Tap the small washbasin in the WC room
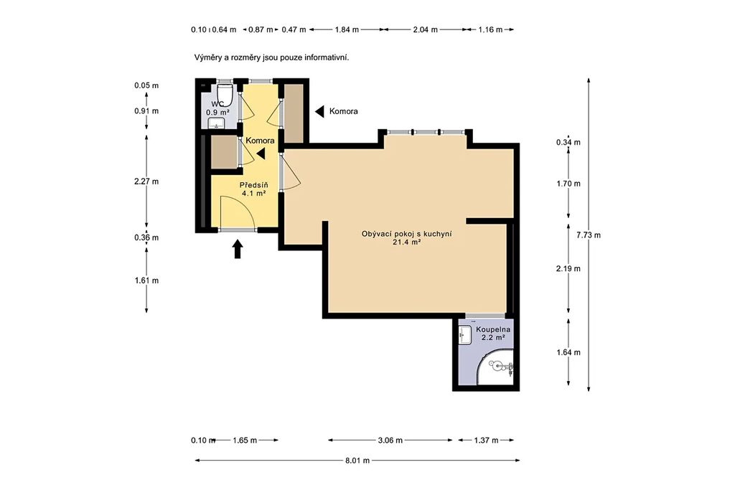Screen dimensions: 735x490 click(217, 123)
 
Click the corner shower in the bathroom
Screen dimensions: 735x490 click(496, 367)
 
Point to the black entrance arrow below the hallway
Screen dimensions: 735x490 click(238, 249)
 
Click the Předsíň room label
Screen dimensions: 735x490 click(253, 185)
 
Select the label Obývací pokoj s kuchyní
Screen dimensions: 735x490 click(407, 234)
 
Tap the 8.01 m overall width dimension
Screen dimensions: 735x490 click(357, 461)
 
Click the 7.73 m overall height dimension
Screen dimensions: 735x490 click(589, 235)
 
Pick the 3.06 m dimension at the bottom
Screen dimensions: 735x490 click(390, 440)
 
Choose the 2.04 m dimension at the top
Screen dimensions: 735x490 click(425, 29)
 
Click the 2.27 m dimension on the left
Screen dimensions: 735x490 click(146, 182)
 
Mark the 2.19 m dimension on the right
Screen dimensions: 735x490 click(568, 268)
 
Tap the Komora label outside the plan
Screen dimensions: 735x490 click(344, 111)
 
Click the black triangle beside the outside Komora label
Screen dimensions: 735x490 click(319, 111)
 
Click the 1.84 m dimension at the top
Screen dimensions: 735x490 click(347, 29)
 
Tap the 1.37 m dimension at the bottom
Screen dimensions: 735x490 click(486, 440)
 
